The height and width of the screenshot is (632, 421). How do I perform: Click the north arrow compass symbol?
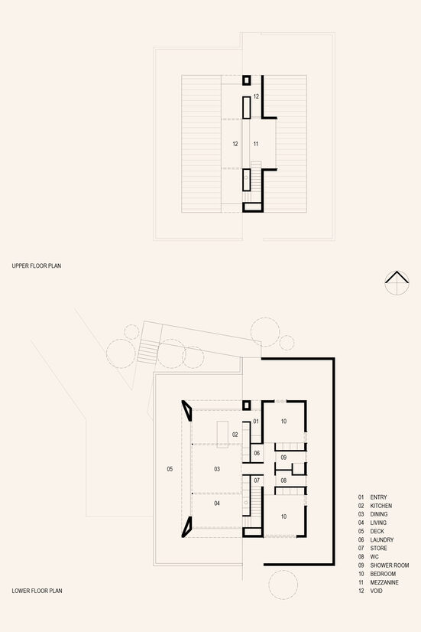(x=397, y=282)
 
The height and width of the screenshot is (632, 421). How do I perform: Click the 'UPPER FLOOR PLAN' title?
(x=37, y=266)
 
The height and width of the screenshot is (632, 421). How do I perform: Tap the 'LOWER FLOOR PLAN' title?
(x=37, y=591)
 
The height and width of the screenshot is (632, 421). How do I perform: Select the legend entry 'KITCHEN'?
(x=381, y=506)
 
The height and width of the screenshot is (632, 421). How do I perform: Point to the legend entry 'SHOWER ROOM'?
(x=389, y=565)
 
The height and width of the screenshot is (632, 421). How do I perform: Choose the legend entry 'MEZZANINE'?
(x=384, y=582)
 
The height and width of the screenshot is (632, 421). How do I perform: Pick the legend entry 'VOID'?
(x=377, y=591)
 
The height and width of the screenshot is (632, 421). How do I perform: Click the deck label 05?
(x=170, y=469)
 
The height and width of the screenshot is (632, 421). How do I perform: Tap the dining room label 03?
(x=217, y=469)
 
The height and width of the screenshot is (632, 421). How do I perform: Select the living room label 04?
(x=217, y=503)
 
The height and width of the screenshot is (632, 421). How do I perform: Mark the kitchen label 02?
(x=235, y=435)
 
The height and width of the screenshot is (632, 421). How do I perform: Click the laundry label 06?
(x=257, y=453)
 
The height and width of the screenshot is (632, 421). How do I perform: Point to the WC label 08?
(x=283, y=481)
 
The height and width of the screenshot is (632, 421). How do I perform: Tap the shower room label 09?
(x=283, y=458)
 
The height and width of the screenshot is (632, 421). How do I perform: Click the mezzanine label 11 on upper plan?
(x=255, y=144)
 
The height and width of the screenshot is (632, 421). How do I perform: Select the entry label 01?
(x=256, y=422)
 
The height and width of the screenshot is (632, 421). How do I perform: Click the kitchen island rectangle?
(x=222, y=435)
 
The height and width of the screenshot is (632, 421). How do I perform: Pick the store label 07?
(x=257, y=481)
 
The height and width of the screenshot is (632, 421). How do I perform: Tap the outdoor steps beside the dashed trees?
(x=148, y=351)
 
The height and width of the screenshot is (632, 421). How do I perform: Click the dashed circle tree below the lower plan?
(x=283, y=585)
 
